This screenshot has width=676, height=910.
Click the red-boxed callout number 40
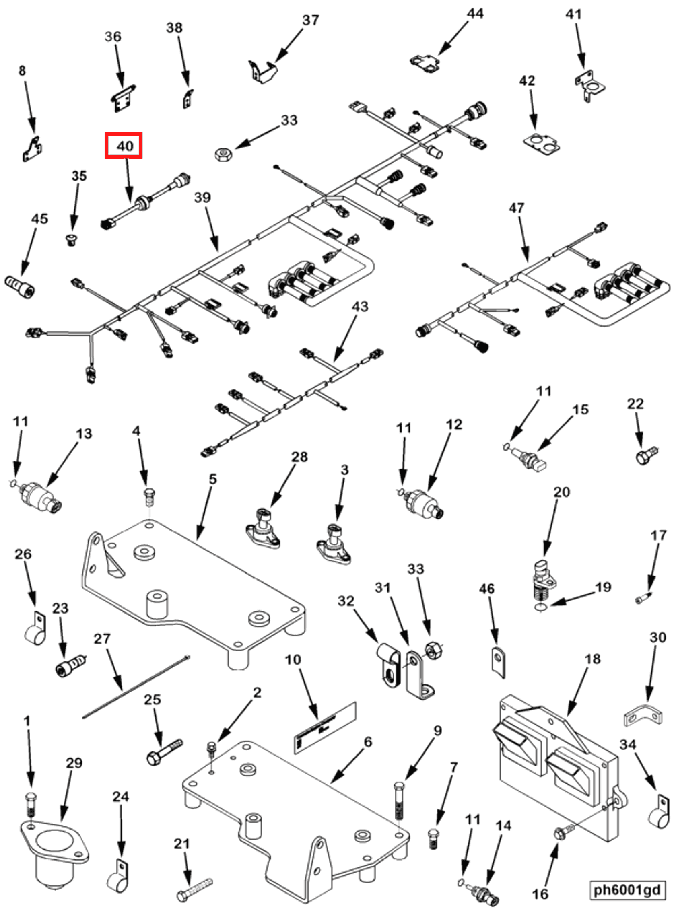coord(124,145)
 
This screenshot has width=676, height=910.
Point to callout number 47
coord(516,208)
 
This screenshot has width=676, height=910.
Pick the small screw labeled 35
coord(72,240)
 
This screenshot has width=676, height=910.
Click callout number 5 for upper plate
coord(212,479)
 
